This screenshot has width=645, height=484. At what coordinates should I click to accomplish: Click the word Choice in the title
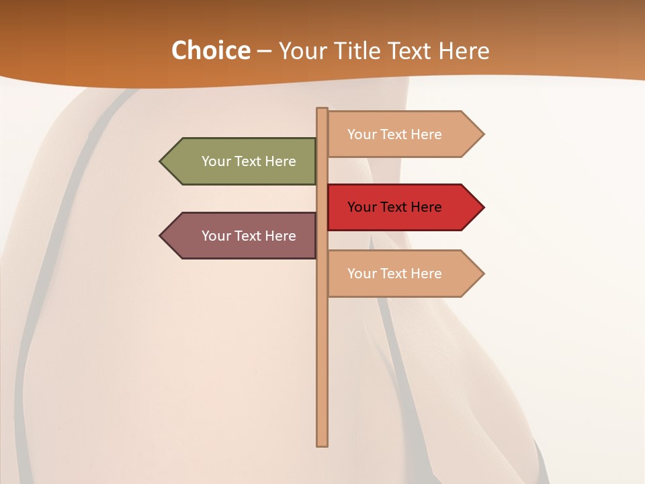tap(210, 50)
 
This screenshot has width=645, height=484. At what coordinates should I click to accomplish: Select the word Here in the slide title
tap(464, 50)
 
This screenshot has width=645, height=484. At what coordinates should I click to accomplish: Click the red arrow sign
tap(403, 207)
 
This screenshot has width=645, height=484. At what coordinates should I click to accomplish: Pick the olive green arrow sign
tap(242, 161)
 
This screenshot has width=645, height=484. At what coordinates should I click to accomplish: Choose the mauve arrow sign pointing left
tap(242, 236)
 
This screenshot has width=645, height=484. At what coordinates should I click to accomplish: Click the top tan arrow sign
tap(403, 134)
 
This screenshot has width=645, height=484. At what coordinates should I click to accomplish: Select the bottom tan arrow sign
tap(403, 274)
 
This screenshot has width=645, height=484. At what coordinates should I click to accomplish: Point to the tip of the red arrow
tap(482, 207)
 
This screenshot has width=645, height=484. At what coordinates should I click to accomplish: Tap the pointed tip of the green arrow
tap(161, 161)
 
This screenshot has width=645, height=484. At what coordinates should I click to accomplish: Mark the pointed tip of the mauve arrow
tap(161, 236)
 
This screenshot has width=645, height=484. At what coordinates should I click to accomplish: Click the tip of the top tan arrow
tap(482, 134)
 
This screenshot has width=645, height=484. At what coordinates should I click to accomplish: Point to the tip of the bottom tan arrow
tap(482, 274)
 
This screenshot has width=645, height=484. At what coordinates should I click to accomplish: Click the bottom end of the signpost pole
tap(322, 444)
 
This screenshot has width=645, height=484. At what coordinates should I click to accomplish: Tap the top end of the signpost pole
tap(322, 110)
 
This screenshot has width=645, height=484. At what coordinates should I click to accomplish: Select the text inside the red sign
tap(394, 207)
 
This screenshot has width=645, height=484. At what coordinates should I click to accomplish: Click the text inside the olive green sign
tap(249, 161)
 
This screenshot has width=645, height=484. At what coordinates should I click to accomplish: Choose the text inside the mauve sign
tap(249, 236)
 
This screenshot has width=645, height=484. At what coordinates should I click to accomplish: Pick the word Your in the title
tap(301, 50)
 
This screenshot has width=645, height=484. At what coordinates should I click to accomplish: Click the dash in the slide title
tap(264, 51)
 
